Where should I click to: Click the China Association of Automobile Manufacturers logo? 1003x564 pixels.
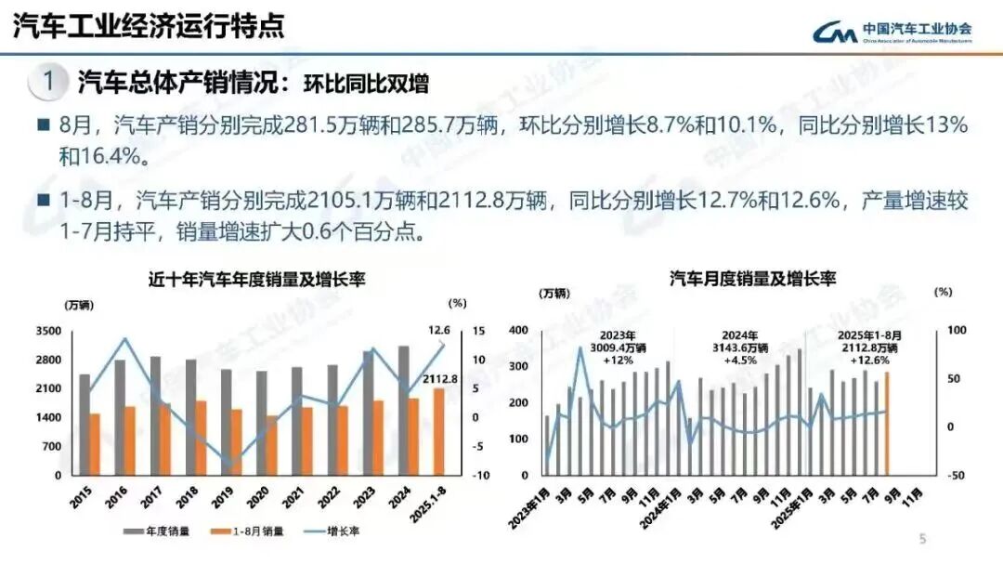(x=892, y=32)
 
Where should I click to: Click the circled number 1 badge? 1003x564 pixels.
(x=48, y=82)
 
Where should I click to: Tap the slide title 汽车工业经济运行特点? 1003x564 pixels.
(x=149, y=25)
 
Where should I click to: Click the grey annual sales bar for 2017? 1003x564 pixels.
(x=154, y=415)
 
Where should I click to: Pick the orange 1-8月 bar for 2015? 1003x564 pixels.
(x=94, y=444)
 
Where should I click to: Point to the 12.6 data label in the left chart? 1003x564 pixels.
(x=439, y=330)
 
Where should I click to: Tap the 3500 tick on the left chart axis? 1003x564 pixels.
(x=49, y=331)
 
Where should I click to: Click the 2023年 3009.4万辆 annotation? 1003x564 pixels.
(x=618, y=348)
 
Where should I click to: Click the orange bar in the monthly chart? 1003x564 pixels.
(x=886, y=423)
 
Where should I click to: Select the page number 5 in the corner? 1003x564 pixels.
(x=922, y=538)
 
